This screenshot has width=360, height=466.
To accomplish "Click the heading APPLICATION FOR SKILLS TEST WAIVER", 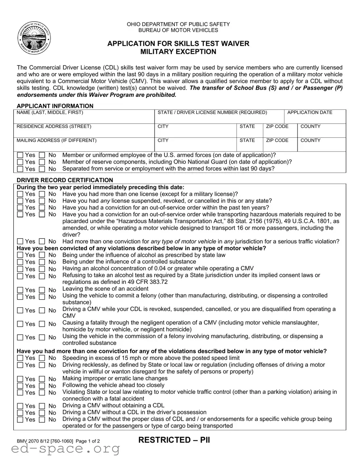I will click(x=178, y=44).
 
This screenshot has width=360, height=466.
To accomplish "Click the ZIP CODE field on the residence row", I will click(x=280, y=132).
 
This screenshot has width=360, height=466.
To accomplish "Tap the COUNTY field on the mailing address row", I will click(x=321, y=146).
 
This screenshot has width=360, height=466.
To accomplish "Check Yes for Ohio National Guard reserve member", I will click(x=20, y=162).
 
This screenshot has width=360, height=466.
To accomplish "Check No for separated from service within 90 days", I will click(x=42, y=169).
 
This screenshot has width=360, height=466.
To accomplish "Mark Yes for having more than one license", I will click(x=20, y=194).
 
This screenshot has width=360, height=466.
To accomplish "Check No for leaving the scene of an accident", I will click(x=42, y=290).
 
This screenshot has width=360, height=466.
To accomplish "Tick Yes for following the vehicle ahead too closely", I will click(x=20, y=386).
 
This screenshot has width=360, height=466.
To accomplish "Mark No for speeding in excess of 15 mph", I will click(x=42, y=358).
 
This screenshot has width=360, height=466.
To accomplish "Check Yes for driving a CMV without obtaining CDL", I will click(x=20, y=406).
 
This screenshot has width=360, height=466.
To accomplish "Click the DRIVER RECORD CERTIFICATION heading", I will click(x=65, y=180).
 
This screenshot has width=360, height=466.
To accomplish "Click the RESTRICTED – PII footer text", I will click(x=174, y=440).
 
